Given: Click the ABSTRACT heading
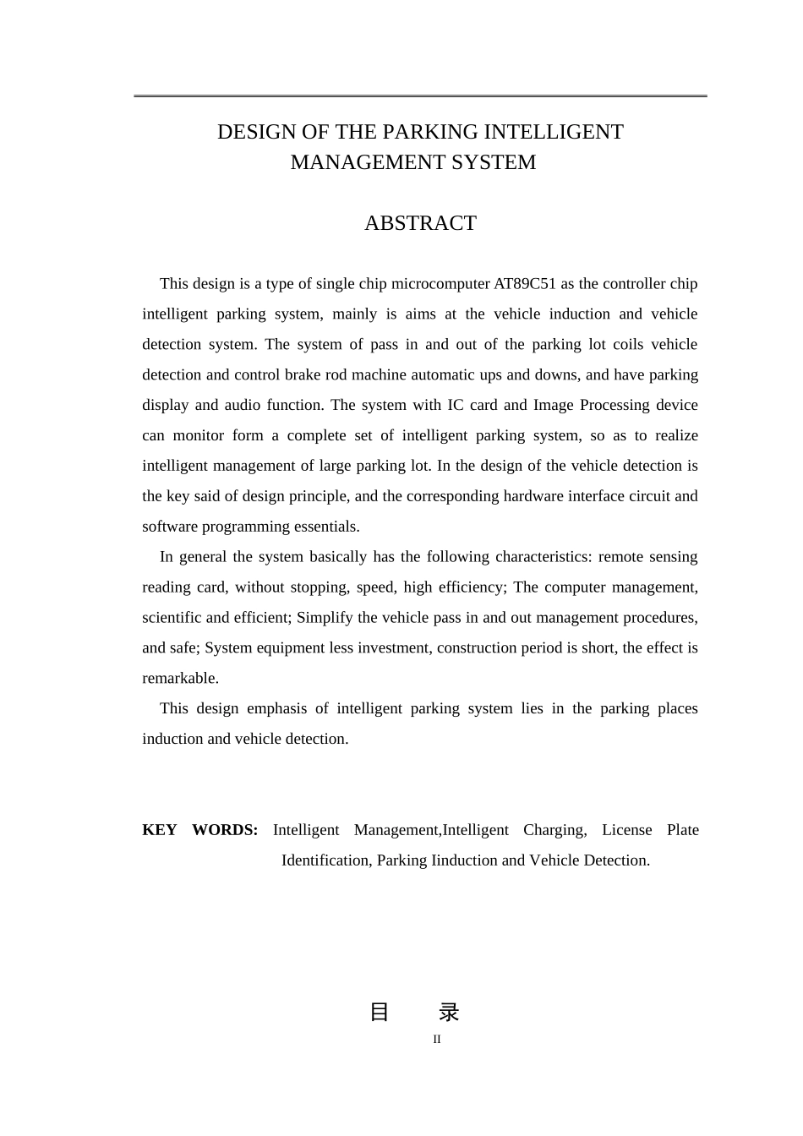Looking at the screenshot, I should pyautogui.click(x=420, y=223).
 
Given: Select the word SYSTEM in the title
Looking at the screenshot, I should pyautogui.click(x=495, y=162).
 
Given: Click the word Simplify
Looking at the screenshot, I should pyautogui.click(x=325, y=618).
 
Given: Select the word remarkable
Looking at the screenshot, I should pyautogui.click(x=180, y=679).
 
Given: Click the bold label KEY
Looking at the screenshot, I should pyautogui.click(x=159, y=830).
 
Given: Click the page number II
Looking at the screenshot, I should pyautogui.click(x=437, y=1040).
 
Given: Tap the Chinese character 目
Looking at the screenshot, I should pyautogui.click(x=380, y=1012).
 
